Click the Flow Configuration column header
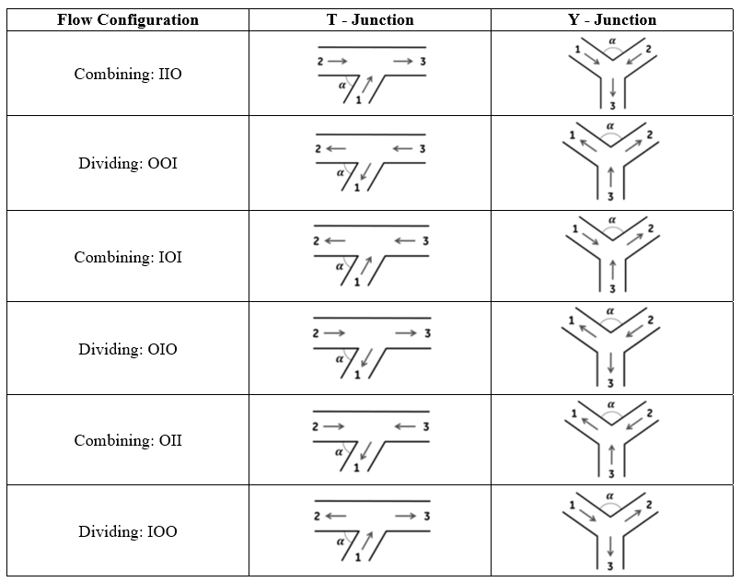click(127, 19)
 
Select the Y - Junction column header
click(612, 19)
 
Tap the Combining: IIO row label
click(128, 74)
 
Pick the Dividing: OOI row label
click(128, 164)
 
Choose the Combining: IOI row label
click(128, 257)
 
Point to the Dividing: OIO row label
click(128, 349)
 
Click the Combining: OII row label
click(128, 440)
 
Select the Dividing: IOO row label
click(128, 531)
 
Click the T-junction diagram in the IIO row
click(371, 75)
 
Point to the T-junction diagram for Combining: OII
click(371, 440)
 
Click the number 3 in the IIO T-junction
click(423, 62)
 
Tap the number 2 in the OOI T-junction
click(318, 148)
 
